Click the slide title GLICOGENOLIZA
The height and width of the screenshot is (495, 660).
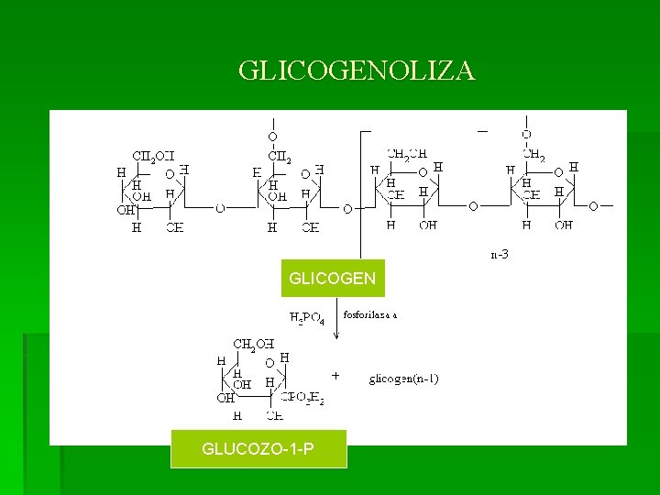357,71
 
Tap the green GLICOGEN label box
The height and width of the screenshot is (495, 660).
332,278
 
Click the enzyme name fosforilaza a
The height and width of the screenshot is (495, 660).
370,314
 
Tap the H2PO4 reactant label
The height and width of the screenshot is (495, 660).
307,318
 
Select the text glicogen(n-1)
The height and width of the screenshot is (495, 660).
404,378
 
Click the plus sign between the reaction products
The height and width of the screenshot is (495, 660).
335,376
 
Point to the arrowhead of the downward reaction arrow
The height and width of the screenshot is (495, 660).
336,336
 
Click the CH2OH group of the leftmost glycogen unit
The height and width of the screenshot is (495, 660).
153,156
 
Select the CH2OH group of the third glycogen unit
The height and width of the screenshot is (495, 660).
407,154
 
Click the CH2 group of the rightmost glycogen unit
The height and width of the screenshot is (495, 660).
534,157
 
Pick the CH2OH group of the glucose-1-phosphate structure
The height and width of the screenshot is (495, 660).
254,344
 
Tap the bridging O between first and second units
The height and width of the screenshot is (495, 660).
220,208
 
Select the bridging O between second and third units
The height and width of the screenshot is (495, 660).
346,208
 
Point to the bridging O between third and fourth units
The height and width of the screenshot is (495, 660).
473,206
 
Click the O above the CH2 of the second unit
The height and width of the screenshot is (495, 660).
272,137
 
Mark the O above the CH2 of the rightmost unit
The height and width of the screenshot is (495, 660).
526,135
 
